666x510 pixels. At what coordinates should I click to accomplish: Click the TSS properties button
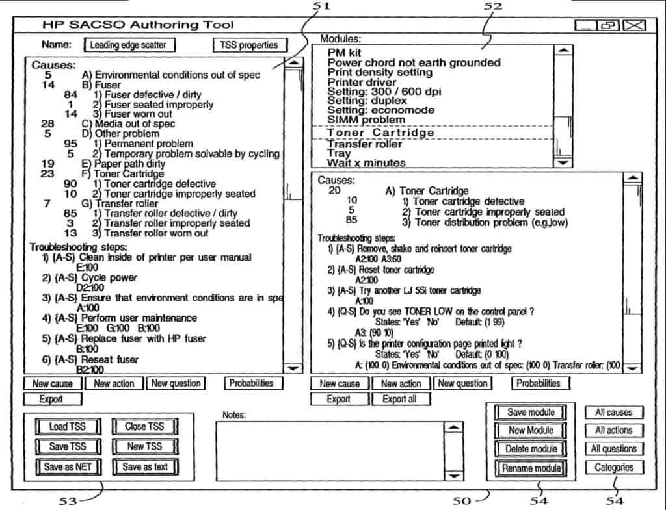pyautogui.click(x=249, y=45)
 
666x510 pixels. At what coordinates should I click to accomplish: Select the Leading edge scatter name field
pyautogui.click(x=129, y=45)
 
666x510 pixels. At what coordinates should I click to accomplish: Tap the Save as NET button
pyautogui.click(x=68, y=466)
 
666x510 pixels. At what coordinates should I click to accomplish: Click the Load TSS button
pyautogui.click(x=68, y=426)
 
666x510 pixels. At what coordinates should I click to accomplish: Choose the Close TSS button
pyautogui.click(x=144, y=426)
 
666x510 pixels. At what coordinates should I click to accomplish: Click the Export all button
pyautogui.click(x=400, y=399)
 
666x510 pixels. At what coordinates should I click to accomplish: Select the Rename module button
pyautogui.click(x=531, y=468)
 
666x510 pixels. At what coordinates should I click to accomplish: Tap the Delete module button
pyautogui.click(x=531, y=449)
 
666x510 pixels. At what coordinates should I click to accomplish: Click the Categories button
pyautogui.click(x=614, y=467)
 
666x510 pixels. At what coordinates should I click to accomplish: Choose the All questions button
pyautogui.click(x=614, y=448)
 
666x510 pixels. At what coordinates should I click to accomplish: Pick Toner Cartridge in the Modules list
pyautogui.click(x=380, y=133)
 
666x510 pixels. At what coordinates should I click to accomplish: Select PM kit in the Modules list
pyautogui.click(x=344, y=52)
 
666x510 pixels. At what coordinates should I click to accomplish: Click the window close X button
pyautogui.click(x=634, y=25)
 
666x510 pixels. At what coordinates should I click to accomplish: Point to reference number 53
pyautogui.click(x=68, y=501)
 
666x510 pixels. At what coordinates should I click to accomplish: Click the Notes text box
pyautogui.click(x=330, y=451)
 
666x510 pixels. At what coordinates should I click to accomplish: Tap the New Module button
pyautogui.click(x=531, y=430)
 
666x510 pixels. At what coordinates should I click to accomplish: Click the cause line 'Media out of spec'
pyautogui.click(x=128, y=123)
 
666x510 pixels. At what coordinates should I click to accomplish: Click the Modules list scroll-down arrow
pyautogui.click(x=563, y=162)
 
